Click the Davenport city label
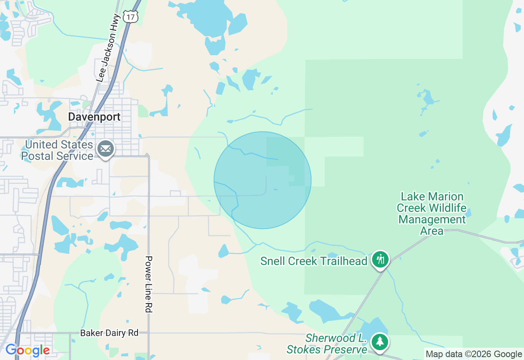pyautogui.click(x=94, y=117)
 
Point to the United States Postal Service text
pyautogui.click(x=57, y=151)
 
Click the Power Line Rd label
pyautogui.click(x=149, y=284)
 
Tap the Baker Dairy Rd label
pyautogui.click(x=109, y=333)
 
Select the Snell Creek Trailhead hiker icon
pyautogui.click(x=381, y=259)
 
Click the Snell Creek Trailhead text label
pyautogui.click(x=314, y=261)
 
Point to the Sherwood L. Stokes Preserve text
pyautogui.click(x=327, y=344)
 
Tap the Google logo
pyautogui.click(x=27, y=351)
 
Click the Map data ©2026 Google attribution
pyautogui.click(x=474, y=354)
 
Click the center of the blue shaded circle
pyautogui.click(x=262, y=180)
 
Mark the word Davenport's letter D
pyautogui.click(x=72, y=117)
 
